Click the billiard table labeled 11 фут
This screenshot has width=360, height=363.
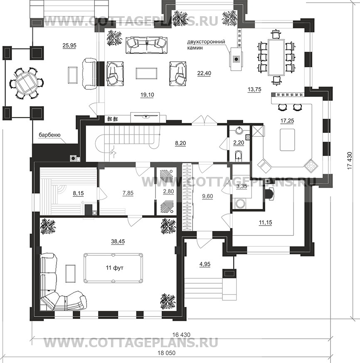[113, 268]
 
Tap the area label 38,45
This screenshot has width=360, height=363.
[118, 241]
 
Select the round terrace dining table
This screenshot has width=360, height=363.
[27, 83]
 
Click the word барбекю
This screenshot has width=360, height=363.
[49, 135]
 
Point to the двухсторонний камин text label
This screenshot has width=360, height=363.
[206, 45]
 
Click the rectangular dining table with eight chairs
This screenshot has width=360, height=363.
[276, 57]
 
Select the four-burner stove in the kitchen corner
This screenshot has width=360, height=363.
[311, 165]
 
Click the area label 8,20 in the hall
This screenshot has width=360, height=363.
[180, 143]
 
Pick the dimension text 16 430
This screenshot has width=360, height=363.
[181, 335]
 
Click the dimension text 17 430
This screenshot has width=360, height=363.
[350, 160]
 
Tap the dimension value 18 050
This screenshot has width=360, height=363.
[167, 353]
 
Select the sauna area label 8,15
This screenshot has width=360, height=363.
[78, 194]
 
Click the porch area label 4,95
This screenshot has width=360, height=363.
[205, 264]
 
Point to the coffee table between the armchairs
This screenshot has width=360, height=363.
[147, 74]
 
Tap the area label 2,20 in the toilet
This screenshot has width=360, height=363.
[239, 143]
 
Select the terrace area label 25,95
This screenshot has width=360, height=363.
[69, 46]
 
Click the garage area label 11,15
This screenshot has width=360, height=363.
[266, 223]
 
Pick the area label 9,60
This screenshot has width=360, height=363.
[207, 196]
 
